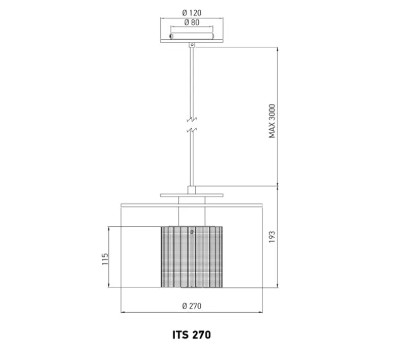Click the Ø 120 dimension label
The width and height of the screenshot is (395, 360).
point(192,13)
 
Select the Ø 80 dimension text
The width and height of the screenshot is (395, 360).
point(192,23)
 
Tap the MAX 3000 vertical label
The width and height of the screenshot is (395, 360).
point(272,121)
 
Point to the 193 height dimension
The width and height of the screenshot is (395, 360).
point(272,237)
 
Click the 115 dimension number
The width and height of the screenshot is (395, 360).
point(105,259)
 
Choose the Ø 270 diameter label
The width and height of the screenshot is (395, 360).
point(192,306)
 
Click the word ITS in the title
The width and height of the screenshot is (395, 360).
point(181,335)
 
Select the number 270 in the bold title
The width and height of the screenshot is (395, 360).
point(202,335)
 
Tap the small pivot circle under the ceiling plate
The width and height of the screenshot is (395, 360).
point(192,45)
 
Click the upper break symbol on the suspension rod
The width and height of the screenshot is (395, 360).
point(192,119)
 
